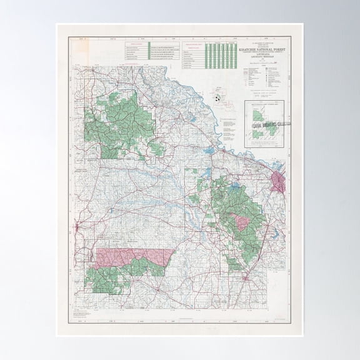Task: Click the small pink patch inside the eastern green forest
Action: [x=239, y=221]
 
